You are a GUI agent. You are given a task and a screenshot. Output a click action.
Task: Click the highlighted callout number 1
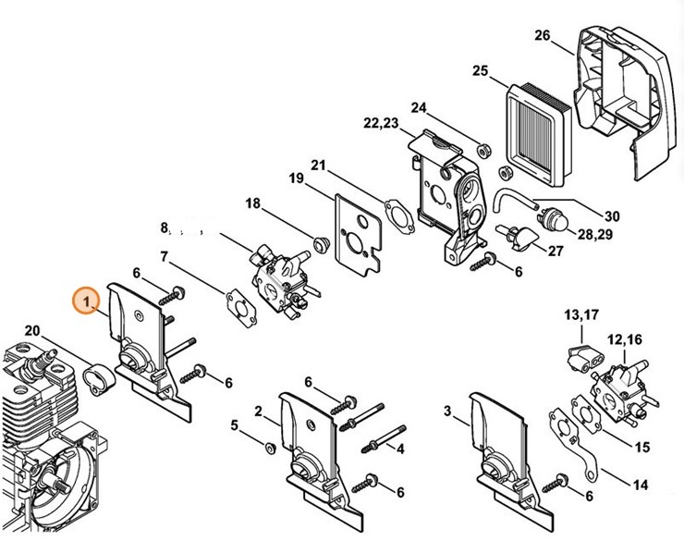click(x=85, y=301)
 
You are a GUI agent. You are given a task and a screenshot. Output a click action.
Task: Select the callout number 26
click(x=543, y=36)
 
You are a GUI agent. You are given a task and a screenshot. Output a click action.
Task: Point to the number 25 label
click(x=480, y=71)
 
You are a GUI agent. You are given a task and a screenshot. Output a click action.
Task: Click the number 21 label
click(x=319, y=166)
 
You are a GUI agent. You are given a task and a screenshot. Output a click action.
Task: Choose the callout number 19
click(x=296, y=178)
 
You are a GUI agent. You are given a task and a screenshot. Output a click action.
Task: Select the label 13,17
click(x=581, y=317)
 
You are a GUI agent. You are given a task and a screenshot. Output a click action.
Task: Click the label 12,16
click(x=625, y=340)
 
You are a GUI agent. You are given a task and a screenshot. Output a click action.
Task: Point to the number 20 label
click(x=31, y=330)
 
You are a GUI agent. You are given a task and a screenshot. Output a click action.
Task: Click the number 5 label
click(x=235, y=425)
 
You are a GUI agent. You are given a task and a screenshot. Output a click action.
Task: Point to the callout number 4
click(x=400, y=449)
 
